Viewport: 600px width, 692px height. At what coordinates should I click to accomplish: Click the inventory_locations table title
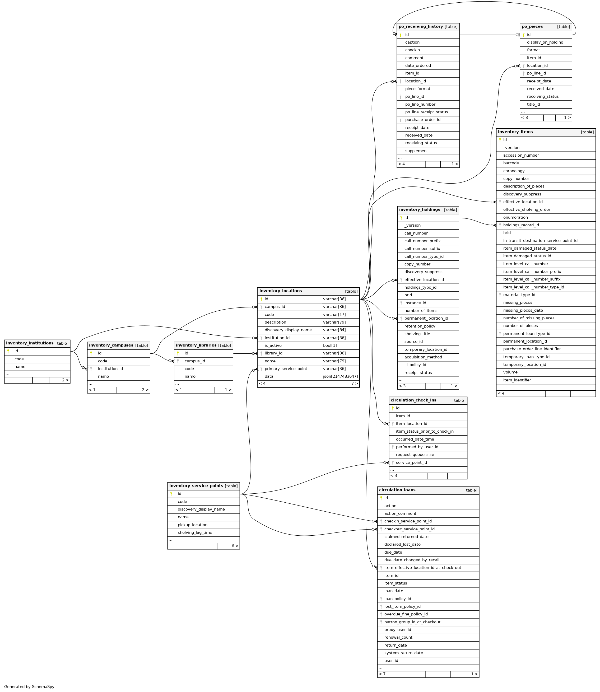tap(280, 291)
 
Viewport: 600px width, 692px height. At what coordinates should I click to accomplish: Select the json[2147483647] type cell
tap(340, 376)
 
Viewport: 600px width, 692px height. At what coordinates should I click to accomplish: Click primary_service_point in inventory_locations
tap(286, 369)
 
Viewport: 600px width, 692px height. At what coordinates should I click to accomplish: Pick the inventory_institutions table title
tap(30, 343)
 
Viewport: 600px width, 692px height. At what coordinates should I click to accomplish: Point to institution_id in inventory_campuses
tap(110, 369)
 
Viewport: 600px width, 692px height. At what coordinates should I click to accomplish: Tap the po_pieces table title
tap(532, 26)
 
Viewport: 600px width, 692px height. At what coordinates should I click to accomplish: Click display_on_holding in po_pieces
tap(545, 42)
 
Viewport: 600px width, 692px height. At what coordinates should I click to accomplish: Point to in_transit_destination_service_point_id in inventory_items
tap(540, 240)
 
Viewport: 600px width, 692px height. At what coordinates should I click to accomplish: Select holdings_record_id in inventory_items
tap(521, 225)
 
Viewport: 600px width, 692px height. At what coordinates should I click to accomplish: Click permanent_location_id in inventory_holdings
tap(426, 318)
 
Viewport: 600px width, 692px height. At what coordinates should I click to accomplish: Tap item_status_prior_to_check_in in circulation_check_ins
tap(425, 431)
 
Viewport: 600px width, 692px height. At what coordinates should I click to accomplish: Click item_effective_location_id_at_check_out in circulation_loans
tap(422, 567)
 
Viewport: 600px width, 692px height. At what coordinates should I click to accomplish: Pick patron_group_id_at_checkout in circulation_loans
tap(412, 622)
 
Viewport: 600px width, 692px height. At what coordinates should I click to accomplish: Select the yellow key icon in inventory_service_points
tap(171, 494)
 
